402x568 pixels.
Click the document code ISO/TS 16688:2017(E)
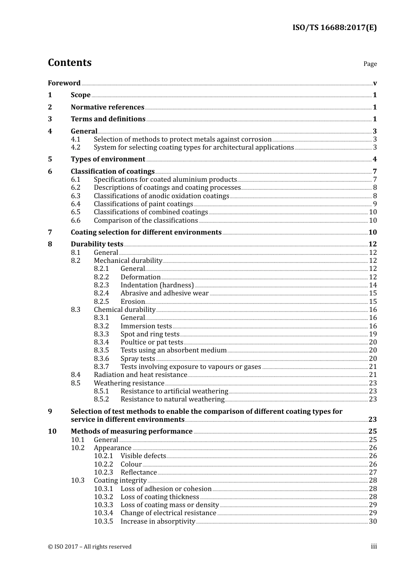[x=334, y=28]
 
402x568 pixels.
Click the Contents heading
[x=69, y=63]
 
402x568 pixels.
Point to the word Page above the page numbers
[x=370, y=64]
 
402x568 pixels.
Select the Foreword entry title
[x=64, y=83]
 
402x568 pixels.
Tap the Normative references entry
[x=107, y=107]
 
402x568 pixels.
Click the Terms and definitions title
[x=108, y=119]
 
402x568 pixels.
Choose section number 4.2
[x=75, y=147]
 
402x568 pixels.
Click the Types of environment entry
[x=108, y=159]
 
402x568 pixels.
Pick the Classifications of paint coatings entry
[x=143, y=204]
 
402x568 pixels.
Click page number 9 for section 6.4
[x=374, y=204]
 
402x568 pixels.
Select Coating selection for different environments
[x=146, y=232]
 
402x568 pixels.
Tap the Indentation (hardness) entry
[x=157, y=285]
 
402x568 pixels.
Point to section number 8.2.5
[x=101, y=302]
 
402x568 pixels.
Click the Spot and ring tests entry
[x=150, y=334]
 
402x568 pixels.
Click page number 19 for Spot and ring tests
[x=373, y=334]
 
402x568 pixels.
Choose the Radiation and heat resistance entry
[x=140, y=375]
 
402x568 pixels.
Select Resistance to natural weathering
[x=172, y=399]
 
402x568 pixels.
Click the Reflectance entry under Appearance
[x=138, y=472]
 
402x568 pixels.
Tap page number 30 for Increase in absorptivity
[x=373, y=522]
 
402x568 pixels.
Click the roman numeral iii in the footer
[x=374, y=546]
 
